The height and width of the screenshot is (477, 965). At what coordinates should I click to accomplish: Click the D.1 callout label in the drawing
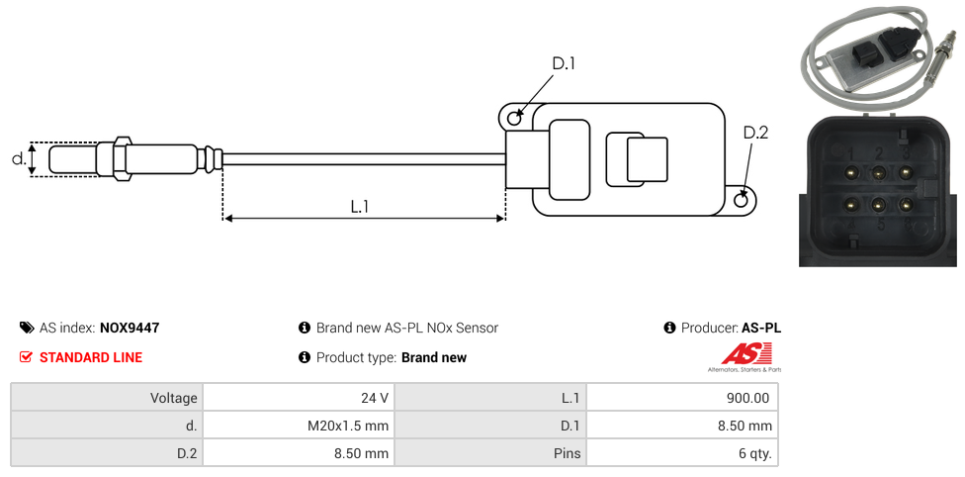pos(564,63)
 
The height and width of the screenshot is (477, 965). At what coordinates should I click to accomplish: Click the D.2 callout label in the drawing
pos(755,133)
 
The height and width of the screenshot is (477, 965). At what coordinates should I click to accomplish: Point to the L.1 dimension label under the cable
pos(360,207)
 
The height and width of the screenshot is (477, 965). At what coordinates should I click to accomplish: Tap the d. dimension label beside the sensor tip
pos(19,159)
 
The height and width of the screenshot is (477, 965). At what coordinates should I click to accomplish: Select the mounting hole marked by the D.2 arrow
pos(742,199)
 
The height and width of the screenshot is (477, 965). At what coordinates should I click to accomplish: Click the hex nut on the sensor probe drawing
pos(122,158)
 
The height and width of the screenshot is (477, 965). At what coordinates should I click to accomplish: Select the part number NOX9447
pos(130,328)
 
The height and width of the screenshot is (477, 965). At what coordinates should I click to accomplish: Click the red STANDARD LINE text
pos(91,357)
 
